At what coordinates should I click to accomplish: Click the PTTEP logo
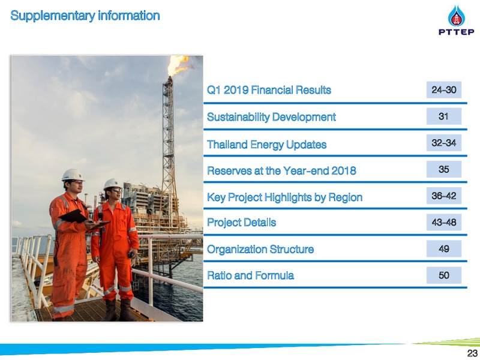(456, 20)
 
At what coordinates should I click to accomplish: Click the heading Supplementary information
(85, 16)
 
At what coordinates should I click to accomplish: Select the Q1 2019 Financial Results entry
(269, 90)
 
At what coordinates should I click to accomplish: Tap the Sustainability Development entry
(271, 117)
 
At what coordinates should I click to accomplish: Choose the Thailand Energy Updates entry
(266, 145)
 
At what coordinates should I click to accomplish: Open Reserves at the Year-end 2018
(281, 170)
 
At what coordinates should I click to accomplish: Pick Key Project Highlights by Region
(284, 197)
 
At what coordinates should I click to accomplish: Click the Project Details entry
(241, 222)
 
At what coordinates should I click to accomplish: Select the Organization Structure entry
(260, 249)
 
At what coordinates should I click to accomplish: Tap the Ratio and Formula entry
(250, 275)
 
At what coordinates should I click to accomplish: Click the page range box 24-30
(444, 89)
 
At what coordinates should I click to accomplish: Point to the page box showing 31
(444, 116)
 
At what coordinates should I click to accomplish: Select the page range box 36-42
(444, 196)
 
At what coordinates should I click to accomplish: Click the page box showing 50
(444, 275)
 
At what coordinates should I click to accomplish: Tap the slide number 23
(472, 353)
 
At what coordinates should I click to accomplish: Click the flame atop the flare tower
(178, 65)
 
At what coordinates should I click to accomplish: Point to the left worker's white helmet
(73, 175)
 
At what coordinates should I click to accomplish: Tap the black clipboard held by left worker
(73, 216)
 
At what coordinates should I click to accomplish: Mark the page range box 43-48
(444, 222)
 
